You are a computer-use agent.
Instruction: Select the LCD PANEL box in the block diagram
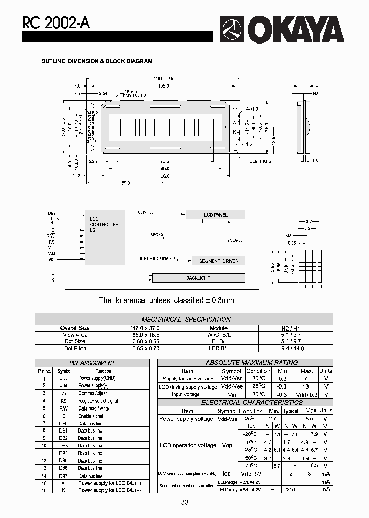coord(216,215)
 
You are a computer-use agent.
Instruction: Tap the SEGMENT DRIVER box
coord(219,261)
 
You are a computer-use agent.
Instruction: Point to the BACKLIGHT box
coord(198,278)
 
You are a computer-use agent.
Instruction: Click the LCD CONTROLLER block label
coord(104,224)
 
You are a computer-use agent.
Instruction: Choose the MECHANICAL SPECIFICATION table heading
coord(186,319)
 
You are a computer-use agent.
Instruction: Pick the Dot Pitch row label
coord(75,348)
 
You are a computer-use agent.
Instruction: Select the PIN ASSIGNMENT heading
coord(92,363)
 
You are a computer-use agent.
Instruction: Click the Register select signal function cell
coord(98,401)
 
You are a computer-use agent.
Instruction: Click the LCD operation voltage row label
coord(188,445)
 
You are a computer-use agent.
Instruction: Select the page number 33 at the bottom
coord(184,502)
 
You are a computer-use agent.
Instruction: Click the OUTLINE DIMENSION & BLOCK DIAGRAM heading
coord(97,61)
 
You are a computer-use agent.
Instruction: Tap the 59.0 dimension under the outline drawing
coord(126,183)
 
